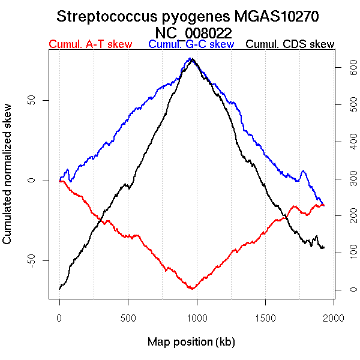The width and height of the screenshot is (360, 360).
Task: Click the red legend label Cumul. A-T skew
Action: coord(90,44)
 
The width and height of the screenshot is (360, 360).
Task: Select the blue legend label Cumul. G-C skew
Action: coord(191,44)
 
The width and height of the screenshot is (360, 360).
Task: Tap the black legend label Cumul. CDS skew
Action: coord(290,44)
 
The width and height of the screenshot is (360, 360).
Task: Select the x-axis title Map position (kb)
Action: coord(191,342)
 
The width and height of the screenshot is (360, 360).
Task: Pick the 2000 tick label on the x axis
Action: coord(334,318)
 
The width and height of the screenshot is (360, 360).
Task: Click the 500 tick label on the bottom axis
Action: coord(128,318)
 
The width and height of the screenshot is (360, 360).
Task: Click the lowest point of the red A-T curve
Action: coord(192,289)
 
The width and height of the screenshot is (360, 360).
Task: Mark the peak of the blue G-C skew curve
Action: coord(191,58)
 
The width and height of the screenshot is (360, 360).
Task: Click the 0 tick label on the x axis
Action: coord(59,318)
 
